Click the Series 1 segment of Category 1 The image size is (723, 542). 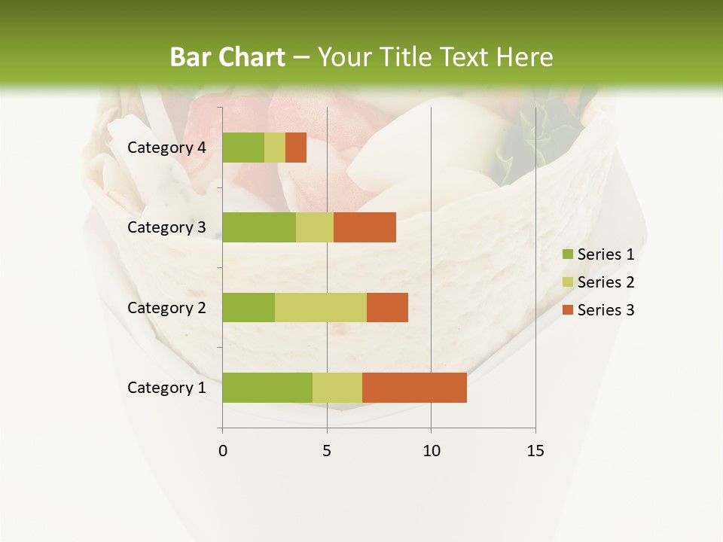[267, 387]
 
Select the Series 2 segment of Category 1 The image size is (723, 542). [337, 387]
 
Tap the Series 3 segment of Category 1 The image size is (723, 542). [414, 387]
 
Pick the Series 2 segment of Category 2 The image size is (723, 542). [321, 307]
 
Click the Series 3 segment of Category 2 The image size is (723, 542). [387, 307]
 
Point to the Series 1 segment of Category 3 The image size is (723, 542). [259, 227]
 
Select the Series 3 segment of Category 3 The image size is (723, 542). [365, 227]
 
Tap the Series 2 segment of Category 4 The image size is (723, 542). [275, 148]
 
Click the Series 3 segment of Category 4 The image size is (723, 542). [296, 148]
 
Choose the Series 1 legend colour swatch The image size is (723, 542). [567, 254]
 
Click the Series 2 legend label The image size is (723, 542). [606, 282]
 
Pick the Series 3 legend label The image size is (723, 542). [606, 310]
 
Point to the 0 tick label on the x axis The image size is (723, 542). [223, 451]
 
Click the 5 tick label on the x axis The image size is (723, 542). [327, 451]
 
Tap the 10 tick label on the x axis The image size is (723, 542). [431, 451]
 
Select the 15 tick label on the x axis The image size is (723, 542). [535, 451]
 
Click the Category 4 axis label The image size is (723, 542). [166, 148]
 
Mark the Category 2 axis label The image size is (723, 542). [166, 307]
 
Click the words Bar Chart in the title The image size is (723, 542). [227, 57]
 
